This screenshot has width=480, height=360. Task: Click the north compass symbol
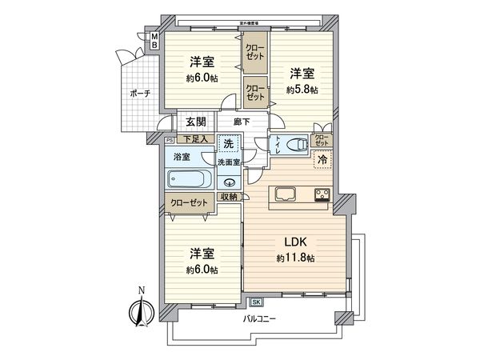141,310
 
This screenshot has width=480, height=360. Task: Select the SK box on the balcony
257,302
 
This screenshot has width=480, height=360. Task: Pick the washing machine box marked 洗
228,145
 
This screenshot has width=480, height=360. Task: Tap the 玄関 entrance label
195,122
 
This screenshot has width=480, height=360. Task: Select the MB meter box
155,40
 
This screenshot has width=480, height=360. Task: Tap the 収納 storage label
230,198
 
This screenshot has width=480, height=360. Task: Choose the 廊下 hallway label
242,122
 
